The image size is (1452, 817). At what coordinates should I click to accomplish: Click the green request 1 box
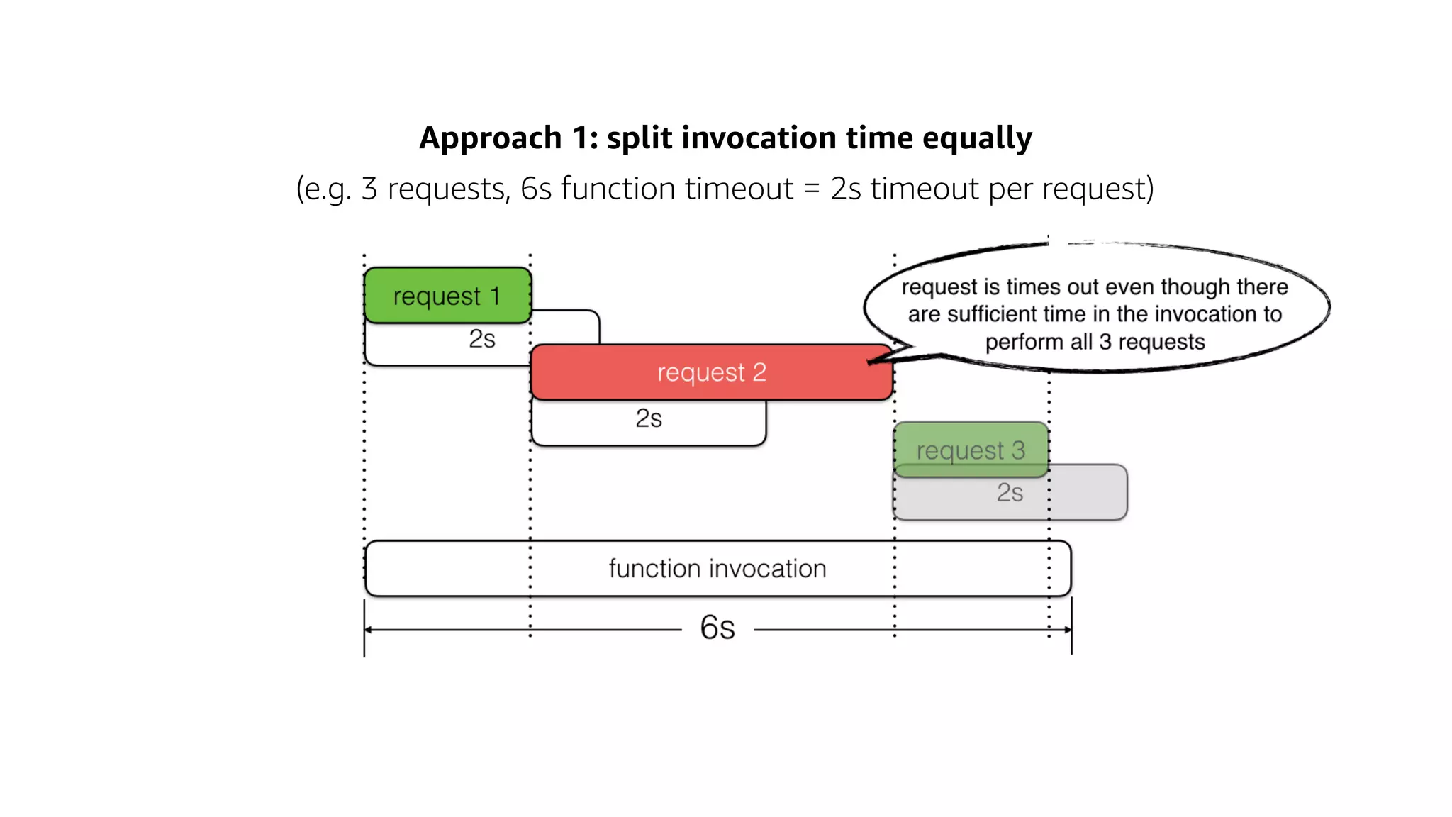[447, 295]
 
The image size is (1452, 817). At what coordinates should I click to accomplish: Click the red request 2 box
[711, 372]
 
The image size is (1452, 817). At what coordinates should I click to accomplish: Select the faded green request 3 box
[971, 450]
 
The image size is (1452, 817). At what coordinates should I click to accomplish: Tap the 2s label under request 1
[482, 339]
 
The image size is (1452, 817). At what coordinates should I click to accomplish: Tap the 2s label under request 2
[649, 418]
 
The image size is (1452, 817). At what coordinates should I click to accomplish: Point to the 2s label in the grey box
[1010, 493]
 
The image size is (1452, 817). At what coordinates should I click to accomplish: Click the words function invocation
[717, 569]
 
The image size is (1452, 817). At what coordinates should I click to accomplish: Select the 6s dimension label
[717, 628]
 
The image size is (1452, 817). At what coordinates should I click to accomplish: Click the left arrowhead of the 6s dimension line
[368, 630]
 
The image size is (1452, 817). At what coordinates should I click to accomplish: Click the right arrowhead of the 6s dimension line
[1068, 630]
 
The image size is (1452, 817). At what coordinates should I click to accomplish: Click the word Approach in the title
[491, 138]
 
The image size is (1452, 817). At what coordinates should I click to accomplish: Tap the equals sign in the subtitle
[812, 189]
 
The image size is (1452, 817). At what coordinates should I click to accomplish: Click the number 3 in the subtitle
[369, 189]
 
